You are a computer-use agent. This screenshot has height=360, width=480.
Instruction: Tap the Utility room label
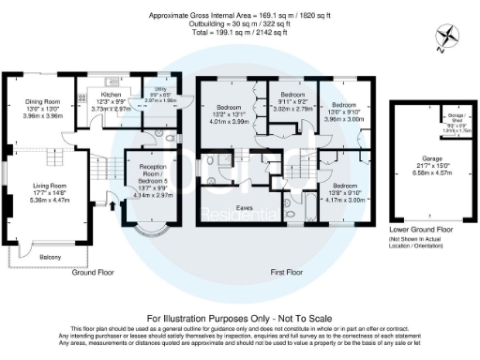[161, 90]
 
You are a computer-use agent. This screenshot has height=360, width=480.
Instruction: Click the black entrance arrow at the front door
[113, 198]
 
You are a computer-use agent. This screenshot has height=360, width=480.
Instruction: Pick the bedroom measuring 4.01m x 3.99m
[231, 111]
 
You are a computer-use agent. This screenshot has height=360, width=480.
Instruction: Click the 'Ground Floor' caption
[94, 271]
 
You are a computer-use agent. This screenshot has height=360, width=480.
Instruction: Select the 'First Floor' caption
[292, 271]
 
